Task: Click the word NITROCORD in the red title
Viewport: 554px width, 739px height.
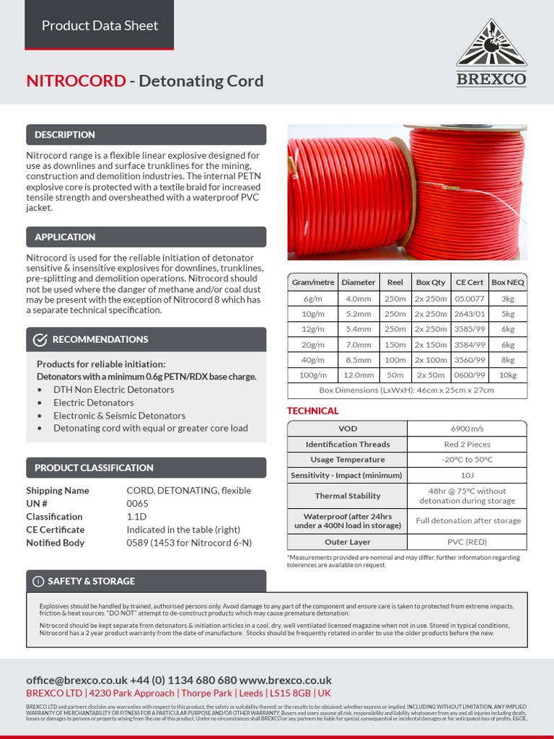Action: [x=76, y=81]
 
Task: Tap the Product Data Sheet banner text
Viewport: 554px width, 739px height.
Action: [x=100, y=25]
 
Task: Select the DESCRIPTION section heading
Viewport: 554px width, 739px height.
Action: [x=65, y=135]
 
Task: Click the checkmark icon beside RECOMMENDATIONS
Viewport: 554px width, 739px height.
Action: [x=41, y=340]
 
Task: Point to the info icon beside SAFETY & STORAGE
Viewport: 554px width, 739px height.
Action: [x=38, y=581]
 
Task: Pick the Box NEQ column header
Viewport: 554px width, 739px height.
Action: [x=508, y=282]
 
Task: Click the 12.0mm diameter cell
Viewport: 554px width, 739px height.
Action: [x=359, y=375]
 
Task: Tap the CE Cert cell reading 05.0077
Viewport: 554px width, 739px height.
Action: [x=468, y=299]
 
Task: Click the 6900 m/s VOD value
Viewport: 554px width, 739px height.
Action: [x=467, y=429]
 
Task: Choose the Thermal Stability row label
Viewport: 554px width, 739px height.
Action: [x=347, y=496]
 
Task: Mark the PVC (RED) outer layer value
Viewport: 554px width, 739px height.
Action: [x=467, y=541]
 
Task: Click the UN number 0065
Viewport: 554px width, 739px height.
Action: [x=137, y=504]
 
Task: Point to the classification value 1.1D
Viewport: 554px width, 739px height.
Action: [x=136, y=517]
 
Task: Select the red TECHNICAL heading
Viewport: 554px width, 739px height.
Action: [x=312, y=411]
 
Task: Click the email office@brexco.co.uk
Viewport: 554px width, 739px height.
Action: [x=76, y=680]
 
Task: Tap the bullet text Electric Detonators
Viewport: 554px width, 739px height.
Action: [x=93, y=403]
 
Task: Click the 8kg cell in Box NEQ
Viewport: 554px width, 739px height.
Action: [x=508, y=360]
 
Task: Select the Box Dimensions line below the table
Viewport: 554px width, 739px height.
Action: [x=406, y=390]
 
